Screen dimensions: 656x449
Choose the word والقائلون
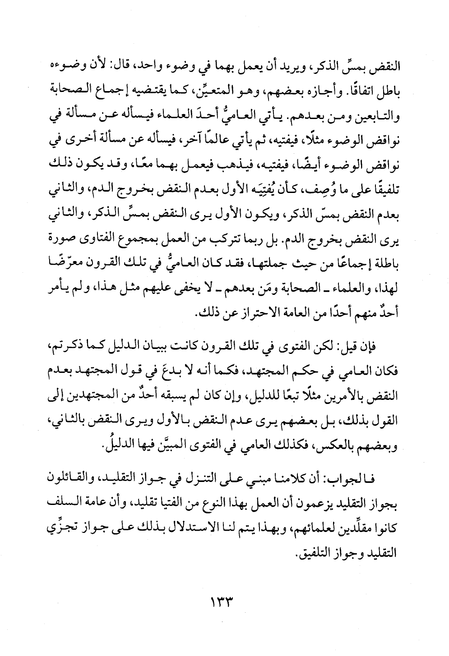click(69, 479)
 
